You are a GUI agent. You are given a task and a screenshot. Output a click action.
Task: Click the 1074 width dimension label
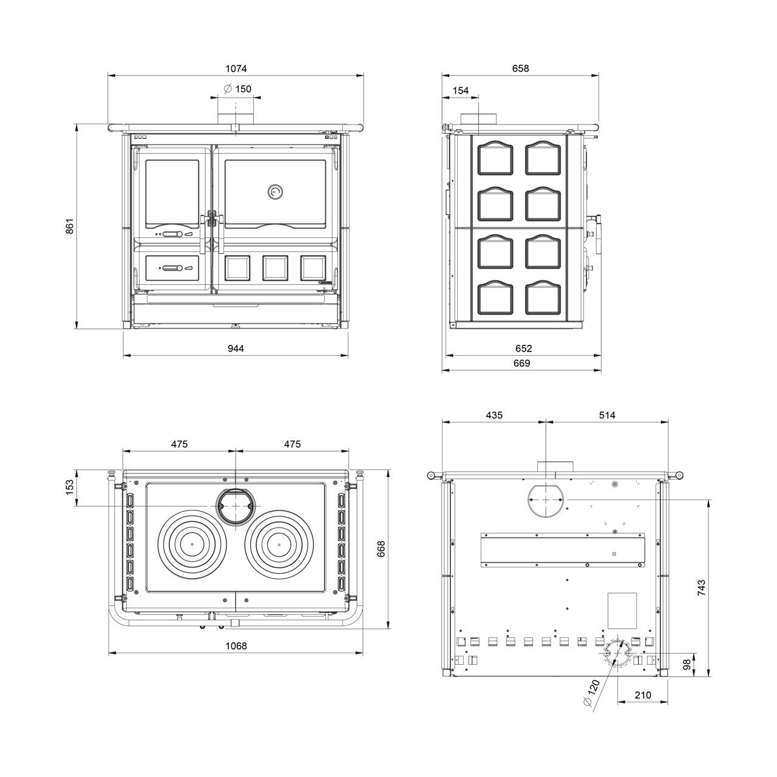coord(236,69)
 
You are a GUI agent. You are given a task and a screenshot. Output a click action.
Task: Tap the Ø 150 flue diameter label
coord(237,89)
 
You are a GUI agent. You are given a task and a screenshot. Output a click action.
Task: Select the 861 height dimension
coord(70,226)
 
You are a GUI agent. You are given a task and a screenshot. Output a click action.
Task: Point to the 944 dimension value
coord(236,348)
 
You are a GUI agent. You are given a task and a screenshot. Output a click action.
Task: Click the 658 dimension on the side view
coord(521,69)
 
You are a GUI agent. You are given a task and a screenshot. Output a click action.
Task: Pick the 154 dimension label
coord(461,90)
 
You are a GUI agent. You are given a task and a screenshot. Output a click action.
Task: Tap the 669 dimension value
coord(522,363)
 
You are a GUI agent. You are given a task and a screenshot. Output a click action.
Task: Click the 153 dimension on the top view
coord(70,487)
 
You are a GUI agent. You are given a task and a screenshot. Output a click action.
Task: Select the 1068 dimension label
coord(236,646)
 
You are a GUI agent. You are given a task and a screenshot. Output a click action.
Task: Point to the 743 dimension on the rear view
coord(702,588)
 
